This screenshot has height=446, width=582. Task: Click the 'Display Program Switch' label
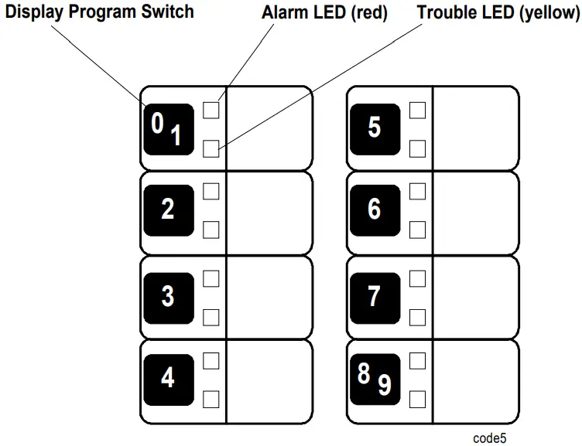100,12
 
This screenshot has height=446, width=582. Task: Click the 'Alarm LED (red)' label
324,12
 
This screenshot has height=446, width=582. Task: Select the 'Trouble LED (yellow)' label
498,12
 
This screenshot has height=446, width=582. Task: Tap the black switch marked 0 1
168,128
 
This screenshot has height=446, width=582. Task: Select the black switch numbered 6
375,209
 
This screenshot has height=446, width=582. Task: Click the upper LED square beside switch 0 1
211,110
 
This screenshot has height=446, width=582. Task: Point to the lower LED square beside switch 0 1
211,148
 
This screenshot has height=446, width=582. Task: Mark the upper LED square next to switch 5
417,110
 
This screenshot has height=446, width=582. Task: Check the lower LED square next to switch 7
417,317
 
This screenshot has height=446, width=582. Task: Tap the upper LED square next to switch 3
211,278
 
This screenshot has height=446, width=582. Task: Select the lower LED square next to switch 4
211,399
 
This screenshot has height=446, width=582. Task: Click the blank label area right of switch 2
269,211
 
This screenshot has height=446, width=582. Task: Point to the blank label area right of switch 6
474,211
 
